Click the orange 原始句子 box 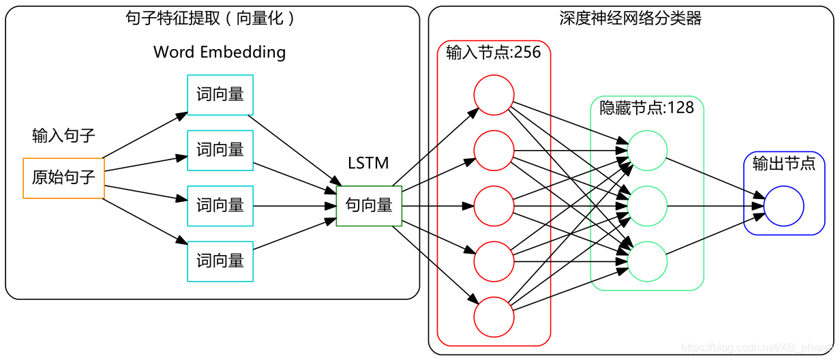click(63, 178)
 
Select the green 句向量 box click(369, 205)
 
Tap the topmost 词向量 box click(220, 95)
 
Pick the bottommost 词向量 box click(220, 261)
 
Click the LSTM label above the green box click(368, 164)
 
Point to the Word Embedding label click(220, 52)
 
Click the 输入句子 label click(63, 136)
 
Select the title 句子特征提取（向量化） click(212, 18)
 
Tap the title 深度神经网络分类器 click(631, 18)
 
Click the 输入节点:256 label click(494, 53)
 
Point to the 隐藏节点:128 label click(646, 108)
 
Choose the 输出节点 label click(783, 164)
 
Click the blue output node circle click(784, 206)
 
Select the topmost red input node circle click(494, 95)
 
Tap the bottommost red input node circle click(494, 316)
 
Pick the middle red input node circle click(494, 205)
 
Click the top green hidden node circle click(646, 150)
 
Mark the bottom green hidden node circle click(646, 261)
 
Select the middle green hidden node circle click(646, 205)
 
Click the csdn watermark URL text click(757, 348)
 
